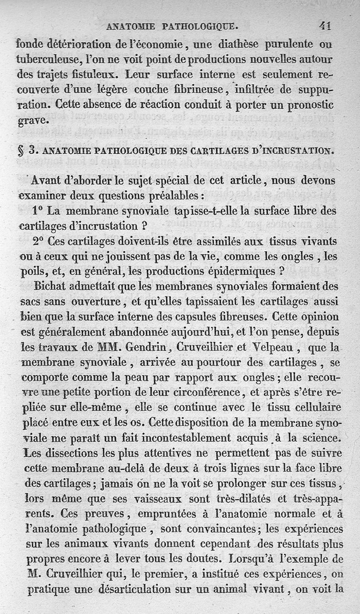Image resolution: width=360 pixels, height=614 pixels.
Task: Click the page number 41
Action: pos(325,26)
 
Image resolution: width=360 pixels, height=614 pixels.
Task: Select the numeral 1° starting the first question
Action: pos(38,211)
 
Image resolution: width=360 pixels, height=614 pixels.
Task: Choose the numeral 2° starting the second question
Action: pos(38,241)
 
